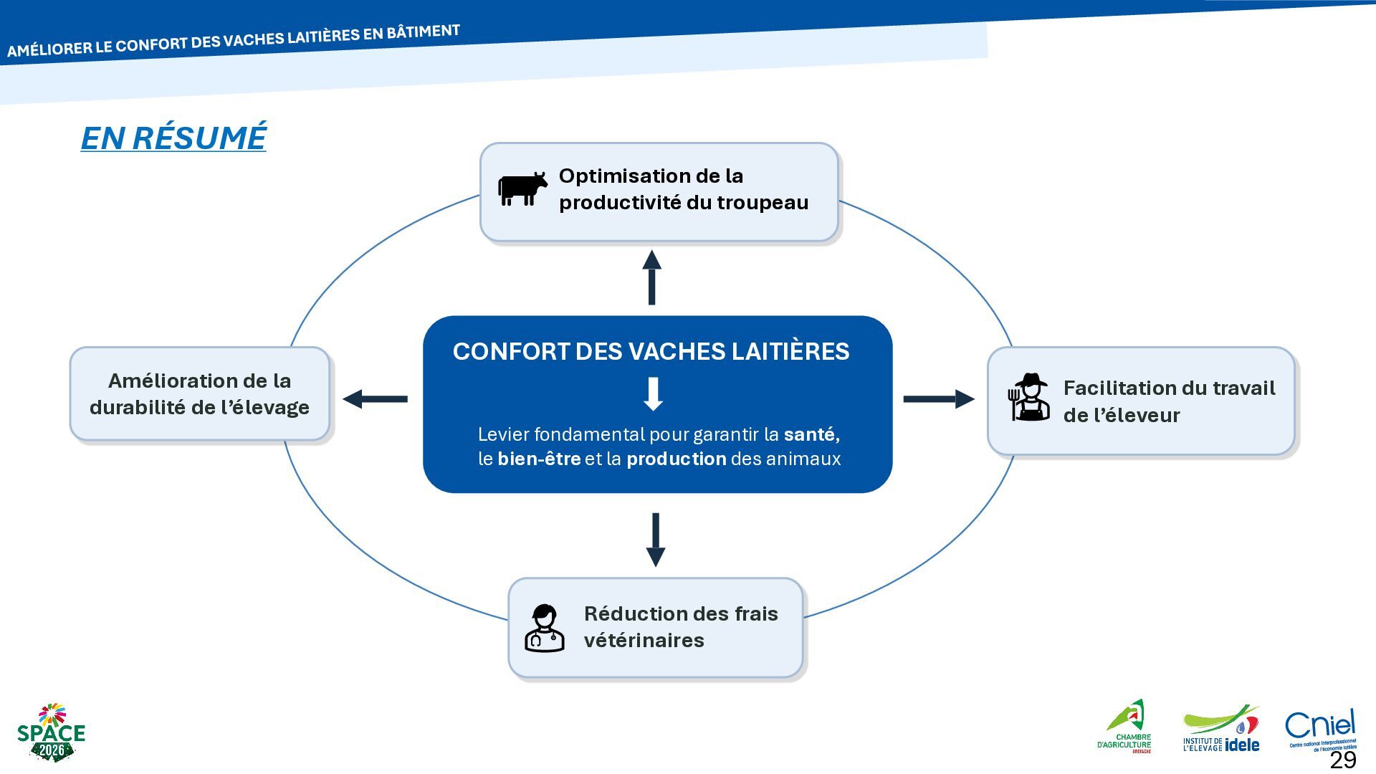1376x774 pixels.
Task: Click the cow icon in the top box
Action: pos(522,189)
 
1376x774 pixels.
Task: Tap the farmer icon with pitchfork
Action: pos(1029,397)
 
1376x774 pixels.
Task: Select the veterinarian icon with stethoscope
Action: pos(545,628)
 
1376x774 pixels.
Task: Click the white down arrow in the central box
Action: pos(653,394)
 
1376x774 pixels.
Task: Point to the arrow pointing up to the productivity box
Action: pos(651,277)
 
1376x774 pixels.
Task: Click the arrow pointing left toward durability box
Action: pos(375,398)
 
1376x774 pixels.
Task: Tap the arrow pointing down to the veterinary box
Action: pos(656,540)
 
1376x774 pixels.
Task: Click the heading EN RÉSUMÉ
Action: pos(173,138)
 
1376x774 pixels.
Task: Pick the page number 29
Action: pos(1343,760)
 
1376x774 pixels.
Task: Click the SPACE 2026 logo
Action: pos(51,732)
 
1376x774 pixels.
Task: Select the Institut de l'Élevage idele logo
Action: pos(1221,729)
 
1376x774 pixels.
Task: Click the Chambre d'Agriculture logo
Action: pos(1124,727)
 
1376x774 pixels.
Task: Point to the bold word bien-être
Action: pos(539,459)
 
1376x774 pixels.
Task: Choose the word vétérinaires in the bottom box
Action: pos(644,640)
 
